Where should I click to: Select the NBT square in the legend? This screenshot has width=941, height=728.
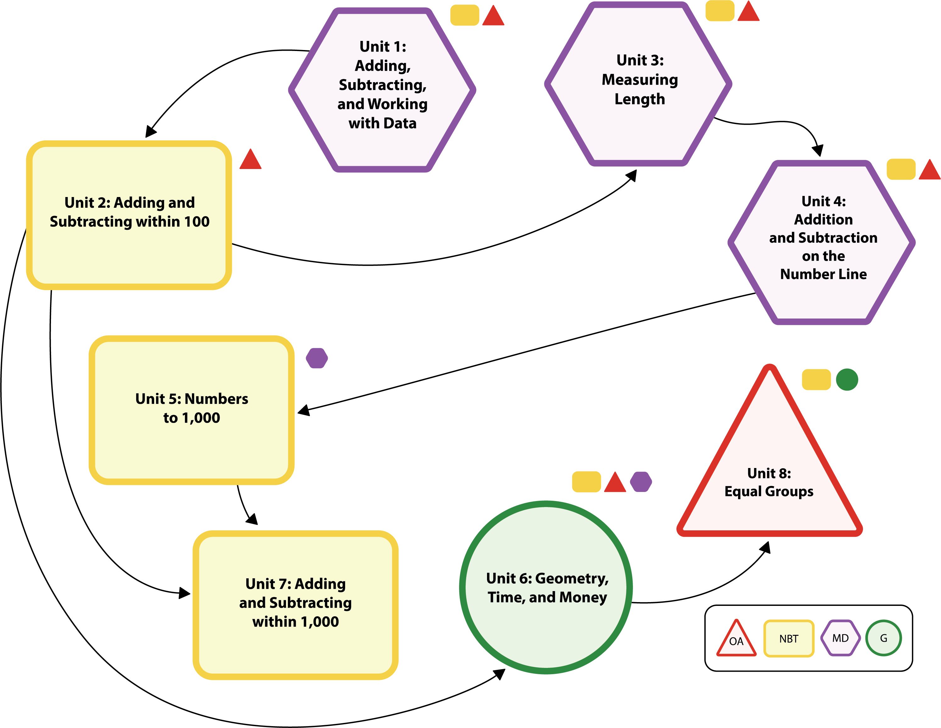pos(788,638)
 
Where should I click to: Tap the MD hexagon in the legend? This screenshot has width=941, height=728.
pos(840,638)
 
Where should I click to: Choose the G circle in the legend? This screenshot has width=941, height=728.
pos(883,638)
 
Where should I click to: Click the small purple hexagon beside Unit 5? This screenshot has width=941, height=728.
pos(317,358)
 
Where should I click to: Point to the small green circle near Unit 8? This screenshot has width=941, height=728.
pos(847,380)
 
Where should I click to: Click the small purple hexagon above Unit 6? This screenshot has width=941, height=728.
pos(641,482)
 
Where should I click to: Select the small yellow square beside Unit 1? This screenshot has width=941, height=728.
pos(464,15)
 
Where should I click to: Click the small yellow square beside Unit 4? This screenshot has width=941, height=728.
pos(900,169)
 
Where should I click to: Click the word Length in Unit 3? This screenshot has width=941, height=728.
pos(639,99)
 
